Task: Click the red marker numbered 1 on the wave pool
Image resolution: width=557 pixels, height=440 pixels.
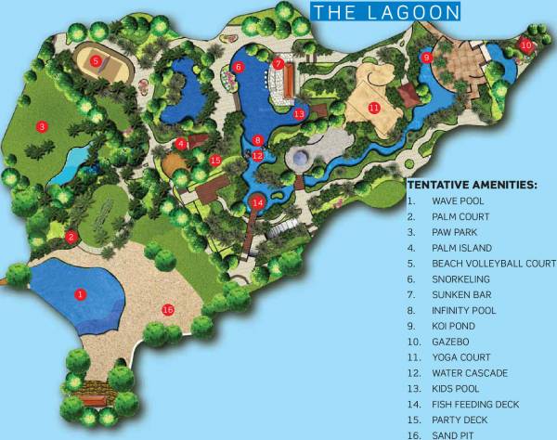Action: coord(81,294)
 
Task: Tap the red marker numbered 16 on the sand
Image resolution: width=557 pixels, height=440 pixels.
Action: coord(168,310)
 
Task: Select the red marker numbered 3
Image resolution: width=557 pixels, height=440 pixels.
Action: coord(41,126)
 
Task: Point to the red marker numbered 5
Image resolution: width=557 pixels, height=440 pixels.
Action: coord(96,61)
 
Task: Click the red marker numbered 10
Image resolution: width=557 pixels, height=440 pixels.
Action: coord(525,44)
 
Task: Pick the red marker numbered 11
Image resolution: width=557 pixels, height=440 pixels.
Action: coord(374,108)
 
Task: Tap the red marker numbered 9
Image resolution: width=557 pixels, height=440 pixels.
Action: coord(426,58)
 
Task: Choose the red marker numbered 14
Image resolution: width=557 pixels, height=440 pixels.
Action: coord(258,202)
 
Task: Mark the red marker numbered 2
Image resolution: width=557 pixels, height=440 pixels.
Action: coord(71,237)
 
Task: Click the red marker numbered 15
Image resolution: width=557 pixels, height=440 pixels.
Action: coord(215,160)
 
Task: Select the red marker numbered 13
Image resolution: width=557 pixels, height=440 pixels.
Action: coord(299,113)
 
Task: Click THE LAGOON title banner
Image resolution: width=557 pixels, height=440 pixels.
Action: coord(385,12)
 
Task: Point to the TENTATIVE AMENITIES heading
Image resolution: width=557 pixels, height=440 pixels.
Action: coord(472,185)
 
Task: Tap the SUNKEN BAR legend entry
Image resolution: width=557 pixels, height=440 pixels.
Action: coord(456,294)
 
